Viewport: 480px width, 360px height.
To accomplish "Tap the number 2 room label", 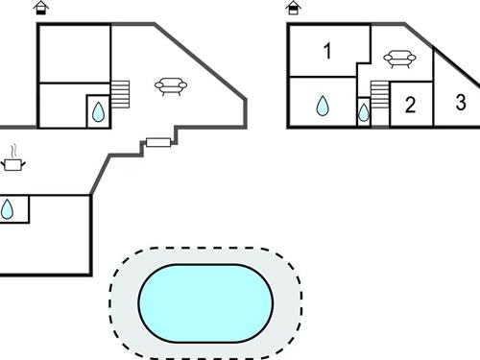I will [410, 105].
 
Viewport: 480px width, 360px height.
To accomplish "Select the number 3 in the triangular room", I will [461, 103].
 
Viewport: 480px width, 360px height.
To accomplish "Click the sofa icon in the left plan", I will [170, 87].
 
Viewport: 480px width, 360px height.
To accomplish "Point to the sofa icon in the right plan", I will [399, 60].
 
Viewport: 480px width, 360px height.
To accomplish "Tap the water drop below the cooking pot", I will [8, 209].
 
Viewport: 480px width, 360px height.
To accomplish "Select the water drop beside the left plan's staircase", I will [98, 111].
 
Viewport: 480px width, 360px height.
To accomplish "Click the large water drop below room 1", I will [323, 106].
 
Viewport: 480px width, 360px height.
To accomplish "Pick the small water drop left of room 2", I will [363, 113].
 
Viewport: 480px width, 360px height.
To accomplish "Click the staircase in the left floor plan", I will [120, 94].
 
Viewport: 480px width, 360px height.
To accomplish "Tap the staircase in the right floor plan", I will [379, 96].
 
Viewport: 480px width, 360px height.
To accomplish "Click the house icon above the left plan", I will [40, 9].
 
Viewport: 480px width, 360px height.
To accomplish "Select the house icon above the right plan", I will [294, 9].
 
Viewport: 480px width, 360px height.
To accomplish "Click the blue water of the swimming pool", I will [205, 300].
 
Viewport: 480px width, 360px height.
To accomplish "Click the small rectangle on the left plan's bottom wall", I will [158, 143].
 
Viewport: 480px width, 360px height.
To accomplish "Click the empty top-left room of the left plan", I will [74, 54].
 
